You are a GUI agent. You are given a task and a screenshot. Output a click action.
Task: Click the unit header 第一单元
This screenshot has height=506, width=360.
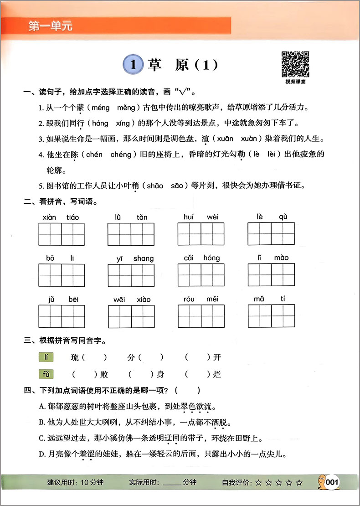pyautogui.click(x=51, y=26)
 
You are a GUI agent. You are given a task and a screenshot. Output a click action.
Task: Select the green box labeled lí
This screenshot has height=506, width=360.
pyautogui.click(x=46, y=357)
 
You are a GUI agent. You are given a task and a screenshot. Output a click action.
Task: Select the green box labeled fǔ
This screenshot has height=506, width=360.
pyautogui.click(x=46, y=375)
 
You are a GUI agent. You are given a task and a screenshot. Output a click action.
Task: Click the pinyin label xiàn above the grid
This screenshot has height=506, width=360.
pyautogui.click(x=48, y=217)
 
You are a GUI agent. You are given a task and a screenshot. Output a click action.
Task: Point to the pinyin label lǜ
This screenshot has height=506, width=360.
pyautogui.click(x=118, y=217)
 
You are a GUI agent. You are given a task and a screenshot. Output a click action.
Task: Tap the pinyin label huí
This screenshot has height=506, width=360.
pyautogui.click(x=189, y=217)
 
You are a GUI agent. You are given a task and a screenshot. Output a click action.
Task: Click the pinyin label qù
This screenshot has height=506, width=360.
pyautogui.click(x=283, y=217)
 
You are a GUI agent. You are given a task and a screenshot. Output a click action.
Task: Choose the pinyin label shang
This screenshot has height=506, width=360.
pyautogui.click(x=144, y=258)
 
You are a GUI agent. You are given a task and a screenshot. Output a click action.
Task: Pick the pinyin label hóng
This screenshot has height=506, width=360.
pyautogui.click(x=211, y=258)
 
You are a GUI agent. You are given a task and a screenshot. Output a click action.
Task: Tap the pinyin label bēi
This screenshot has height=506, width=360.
pyautogui.click(x=73, y=299)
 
